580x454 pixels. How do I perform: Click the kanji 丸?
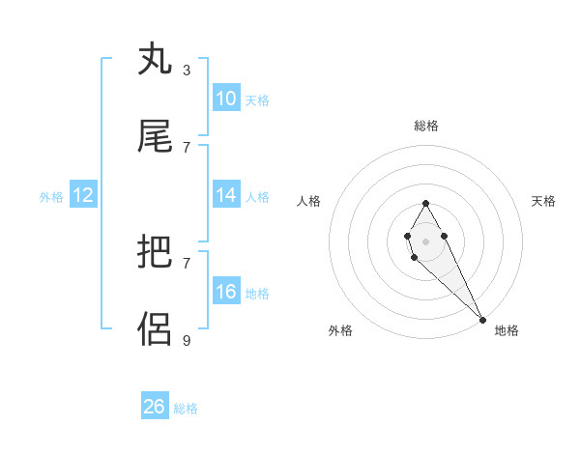tap(156, 60)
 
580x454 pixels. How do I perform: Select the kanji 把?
tap(156, 253)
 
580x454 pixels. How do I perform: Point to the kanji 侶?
tap(156, 329)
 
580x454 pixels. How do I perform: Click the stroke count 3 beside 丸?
tap(187, 70)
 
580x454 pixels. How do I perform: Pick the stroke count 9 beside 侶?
tap(187, 340)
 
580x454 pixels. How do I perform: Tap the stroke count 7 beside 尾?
tap(187, 147)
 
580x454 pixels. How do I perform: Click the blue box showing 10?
tap(225, 99)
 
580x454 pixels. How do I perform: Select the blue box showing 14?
tap(225, 195)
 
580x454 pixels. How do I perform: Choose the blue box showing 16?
tap(225, 292)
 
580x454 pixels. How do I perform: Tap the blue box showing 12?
tap(83, 195)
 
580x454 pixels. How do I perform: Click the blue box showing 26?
tap(155, 407)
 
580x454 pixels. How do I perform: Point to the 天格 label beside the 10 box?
tap(257, 99)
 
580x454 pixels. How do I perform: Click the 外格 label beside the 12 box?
tap(51, 196)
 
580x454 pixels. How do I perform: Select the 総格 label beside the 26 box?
tap(186, 408)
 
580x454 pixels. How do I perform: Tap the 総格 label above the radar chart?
tap(426, 126)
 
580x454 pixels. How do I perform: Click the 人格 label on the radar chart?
tap(308, 201)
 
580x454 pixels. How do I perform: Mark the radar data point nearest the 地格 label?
tap(483, 320)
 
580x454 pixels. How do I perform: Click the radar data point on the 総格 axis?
tap(425, 203)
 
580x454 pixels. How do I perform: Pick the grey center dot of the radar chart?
tap(425, 240)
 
